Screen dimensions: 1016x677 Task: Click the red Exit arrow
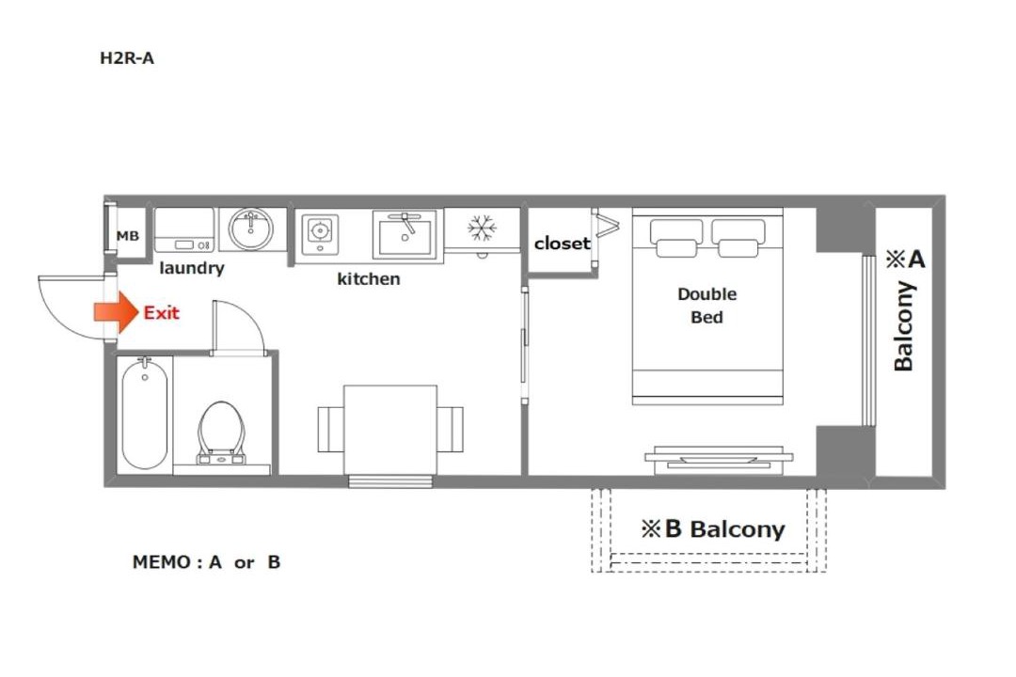pos(116,312)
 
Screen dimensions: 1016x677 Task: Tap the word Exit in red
pos(162,313)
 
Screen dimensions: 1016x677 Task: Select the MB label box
pos(128,236)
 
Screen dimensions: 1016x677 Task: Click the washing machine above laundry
pos(184,230)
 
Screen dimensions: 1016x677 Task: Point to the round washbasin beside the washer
pos(251,228)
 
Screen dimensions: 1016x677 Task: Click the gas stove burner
pos(320,230)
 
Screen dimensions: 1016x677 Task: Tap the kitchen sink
pos(405,234)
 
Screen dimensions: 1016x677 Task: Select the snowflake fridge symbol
pos(482,228)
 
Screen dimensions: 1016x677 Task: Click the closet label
pos(562,244)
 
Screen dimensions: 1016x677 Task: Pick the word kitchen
pos(369,279)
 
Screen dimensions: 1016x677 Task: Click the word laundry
pos(192,268)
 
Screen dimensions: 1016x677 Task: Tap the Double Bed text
pos(706,306)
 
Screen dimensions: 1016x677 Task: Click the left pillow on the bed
pos(676,239)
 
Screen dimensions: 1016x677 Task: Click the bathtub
pos(145,415)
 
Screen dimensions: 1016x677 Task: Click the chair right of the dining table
pos(451,430)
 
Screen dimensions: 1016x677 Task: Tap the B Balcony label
pos(713,529)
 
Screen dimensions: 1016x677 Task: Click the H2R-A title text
pos(127,58)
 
